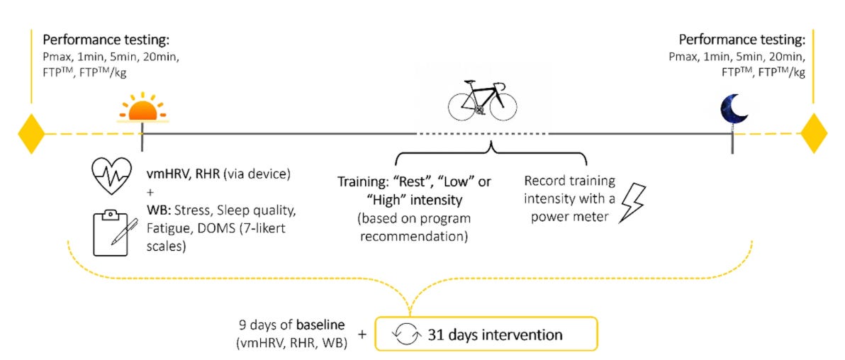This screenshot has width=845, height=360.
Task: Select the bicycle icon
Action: tap(479, 99)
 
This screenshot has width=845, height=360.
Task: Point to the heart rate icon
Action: tap(112, 174)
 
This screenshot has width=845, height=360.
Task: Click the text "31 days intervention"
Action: tap(495, 334)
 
